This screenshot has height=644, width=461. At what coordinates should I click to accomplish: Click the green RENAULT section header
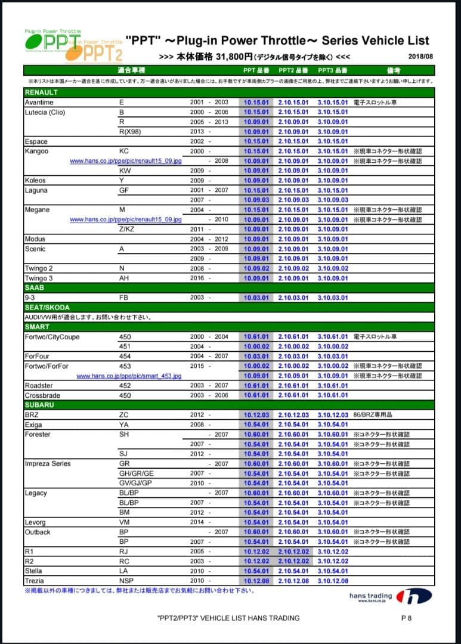pos(41,92)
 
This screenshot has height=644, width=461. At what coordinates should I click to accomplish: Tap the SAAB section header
pos(35,287)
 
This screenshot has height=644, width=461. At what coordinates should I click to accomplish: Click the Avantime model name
pos(39,103)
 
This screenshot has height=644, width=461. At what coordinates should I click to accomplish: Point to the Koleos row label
pos(35,180)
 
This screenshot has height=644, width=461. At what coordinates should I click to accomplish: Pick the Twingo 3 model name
pos(39,278)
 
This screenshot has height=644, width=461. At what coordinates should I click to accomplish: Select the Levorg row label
pos(35,522)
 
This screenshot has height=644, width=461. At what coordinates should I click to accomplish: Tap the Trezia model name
pos(35,581)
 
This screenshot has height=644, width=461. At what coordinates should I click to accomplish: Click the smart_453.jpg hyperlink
pos(129,376)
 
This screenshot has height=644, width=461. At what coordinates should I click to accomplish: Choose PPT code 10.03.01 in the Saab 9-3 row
pos(256,298)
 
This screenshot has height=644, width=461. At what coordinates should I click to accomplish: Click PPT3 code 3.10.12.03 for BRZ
pos(332,415)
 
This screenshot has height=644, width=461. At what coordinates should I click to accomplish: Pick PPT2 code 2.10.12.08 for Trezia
pos(293,581)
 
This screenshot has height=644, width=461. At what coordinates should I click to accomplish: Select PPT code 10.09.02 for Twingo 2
pos(256,268)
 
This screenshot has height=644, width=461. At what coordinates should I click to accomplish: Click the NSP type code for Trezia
pos(125,581)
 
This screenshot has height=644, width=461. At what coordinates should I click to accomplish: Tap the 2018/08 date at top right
pos(421,57)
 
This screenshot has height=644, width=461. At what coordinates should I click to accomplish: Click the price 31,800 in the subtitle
pos(221,57)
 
